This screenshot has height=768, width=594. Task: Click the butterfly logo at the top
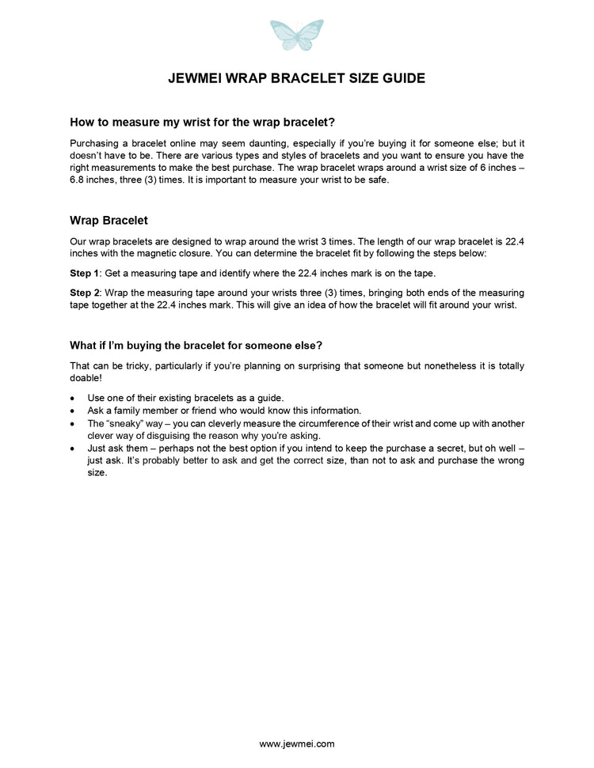point(297,36)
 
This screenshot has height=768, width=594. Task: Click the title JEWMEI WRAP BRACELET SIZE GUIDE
point(297,78)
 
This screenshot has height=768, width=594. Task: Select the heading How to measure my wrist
point(203,123)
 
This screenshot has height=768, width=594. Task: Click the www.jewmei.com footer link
point(297,743)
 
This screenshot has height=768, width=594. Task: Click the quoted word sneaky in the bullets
point(124,423)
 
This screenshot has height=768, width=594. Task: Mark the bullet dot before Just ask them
point(74,448)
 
